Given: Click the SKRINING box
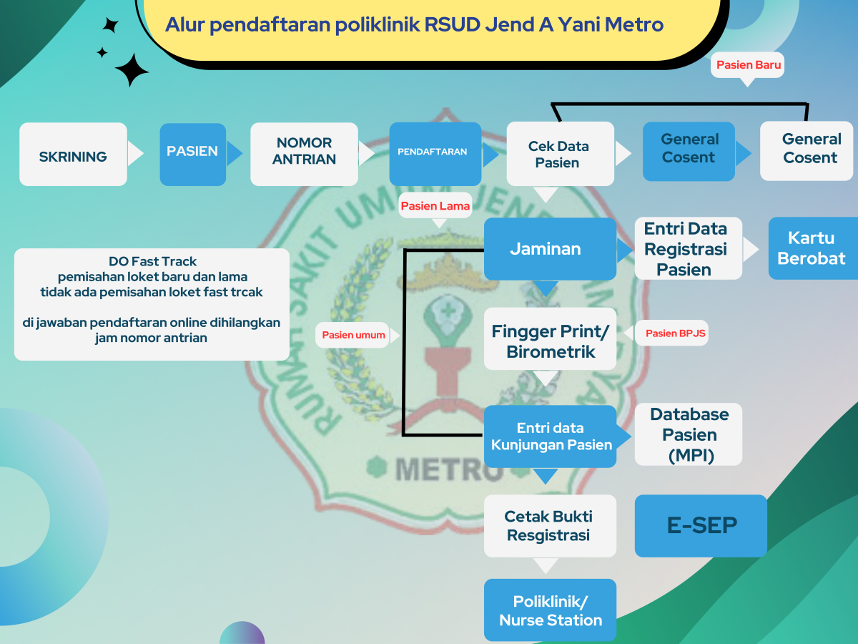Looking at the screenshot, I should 73,155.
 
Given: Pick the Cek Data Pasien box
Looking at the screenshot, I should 560,154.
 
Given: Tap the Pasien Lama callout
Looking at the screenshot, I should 435,207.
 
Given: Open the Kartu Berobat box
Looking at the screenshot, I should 812,248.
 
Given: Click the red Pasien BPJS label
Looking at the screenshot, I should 671,333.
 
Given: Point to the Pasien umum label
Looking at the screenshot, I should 353,335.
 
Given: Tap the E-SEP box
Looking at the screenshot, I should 701,526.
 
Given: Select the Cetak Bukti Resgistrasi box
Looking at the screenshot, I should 549,526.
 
